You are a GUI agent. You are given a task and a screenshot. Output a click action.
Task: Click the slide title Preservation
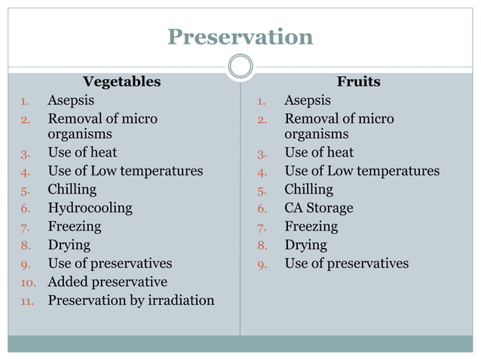click(x=240, y=36)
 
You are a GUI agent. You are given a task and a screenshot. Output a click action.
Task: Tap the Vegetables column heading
click(x=121, y=81)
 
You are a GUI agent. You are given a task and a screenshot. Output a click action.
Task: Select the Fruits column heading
click(x=358, y=81)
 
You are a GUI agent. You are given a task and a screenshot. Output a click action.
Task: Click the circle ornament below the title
click(x=240, y=67)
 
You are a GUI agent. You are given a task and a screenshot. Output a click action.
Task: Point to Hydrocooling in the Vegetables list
click(x=90, y=208)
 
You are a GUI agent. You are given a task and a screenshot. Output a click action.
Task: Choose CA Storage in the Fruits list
click(x=318, y=208)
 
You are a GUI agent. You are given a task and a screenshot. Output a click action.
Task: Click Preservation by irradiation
click(x=130, y=301)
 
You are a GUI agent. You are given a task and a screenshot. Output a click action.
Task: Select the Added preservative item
click(x=107, y=282)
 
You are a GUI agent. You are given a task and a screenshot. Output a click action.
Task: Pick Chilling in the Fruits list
click(x=308, y=189)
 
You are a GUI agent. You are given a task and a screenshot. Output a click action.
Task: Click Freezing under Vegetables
click(x=74, y=226)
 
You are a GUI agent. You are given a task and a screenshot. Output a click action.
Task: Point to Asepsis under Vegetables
click(x=71, y=100)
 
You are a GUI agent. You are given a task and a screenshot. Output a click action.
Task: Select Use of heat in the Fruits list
click(x=318, y=152)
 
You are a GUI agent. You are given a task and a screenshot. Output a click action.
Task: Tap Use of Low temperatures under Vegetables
click(x=125, y=171)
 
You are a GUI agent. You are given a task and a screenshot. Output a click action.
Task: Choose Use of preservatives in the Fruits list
click(x=346, y=264)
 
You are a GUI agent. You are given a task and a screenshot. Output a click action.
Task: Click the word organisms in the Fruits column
click(x=316, y=134)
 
